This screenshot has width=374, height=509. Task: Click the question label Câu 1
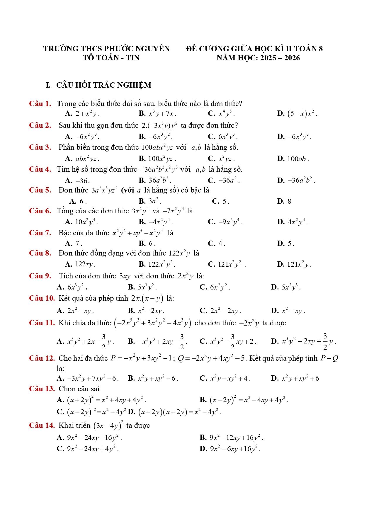pyautogui.click(x=40, y=104)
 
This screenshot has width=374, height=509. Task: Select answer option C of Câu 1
pyautogui.click(x=221, y=114)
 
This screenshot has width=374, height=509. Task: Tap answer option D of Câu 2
pyautogui.click(x=294, y=137)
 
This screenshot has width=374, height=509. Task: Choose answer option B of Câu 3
pyautogui.click(x=157, y=159)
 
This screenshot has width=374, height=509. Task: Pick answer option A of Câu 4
pyautogui.click(x=77, y=181)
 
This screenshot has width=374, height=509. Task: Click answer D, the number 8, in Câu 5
pyautogui.click(x=284, y=201)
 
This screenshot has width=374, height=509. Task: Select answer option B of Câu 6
pyautogui.click(x=156, y=222)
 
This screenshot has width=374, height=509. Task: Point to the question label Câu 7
pyautogui.click(x=40, y=233)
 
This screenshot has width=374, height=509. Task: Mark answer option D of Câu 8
pyautogui.click(x=294, y=265)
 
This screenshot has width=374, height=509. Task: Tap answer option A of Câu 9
pyautogui.click(x=72, y=287)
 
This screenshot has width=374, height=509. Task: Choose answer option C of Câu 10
pyautogui.click(x=220, y=311)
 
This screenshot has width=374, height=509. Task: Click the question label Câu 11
pyautogui.click(x=42, y=323)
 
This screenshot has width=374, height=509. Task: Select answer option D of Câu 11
pyautogui.click(x=303, y=341)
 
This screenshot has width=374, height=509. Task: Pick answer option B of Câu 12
pyautogui.click(x=153, y=378)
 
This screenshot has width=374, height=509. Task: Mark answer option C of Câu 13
pyautogui.click(x=91, y=412)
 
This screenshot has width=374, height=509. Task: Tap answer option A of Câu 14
pyautogui.click(x=89, y=438)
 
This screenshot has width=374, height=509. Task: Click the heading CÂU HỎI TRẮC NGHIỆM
pyautogui.click(x=103, y=85)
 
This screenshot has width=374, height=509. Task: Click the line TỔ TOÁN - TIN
pyautogui.click(x=111, y=58)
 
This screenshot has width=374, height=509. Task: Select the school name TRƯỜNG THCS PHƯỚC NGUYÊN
pyautogui.click(x=106, y=49)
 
